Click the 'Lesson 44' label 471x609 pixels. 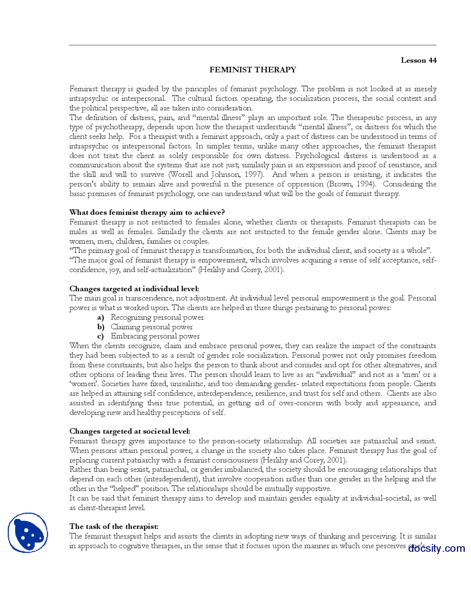[418, 60]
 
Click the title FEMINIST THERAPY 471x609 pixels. [252, 70]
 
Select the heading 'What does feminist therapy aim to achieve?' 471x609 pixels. [147, 213]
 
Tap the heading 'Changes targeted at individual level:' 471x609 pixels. [134, 289]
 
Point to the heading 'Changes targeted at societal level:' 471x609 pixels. [130, 431]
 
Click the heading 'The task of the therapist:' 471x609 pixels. [114, 526]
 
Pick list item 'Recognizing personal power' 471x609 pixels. [157, 317]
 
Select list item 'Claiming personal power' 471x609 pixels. [152, 327]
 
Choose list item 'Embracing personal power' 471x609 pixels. [155, 336]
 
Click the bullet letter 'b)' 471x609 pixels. [101, 327]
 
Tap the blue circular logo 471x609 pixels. [28, 533]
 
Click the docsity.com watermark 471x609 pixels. [436, 548]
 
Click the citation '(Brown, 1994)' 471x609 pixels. [350, 184]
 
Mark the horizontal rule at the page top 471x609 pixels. [252, 45]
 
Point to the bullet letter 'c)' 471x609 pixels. [100, 336]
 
